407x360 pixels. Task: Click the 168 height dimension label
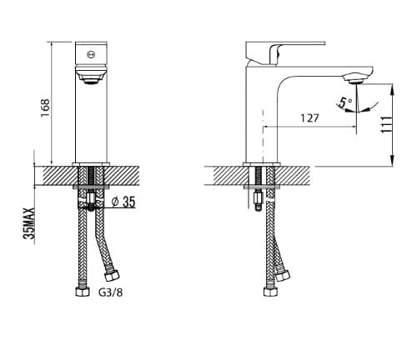[x=45, y=107]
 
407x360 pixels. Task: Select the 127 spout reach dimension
[x=309, y=118]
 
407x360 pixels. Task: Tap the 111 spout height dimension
[x=387, y=125]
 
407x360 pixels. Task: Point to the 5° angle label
[x=345, y=102]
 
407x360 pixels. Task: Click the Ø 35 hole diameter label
[x=123, y=202]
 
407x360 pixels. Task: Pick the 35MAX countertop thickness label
[x=29, y=223]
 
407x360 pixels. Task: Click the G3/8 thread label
[x=110, y=292]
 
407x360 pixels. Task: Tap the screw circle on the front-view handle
[x=91, y=55]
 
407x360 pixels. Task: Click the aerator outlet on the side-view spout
[x=356, y=82]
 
